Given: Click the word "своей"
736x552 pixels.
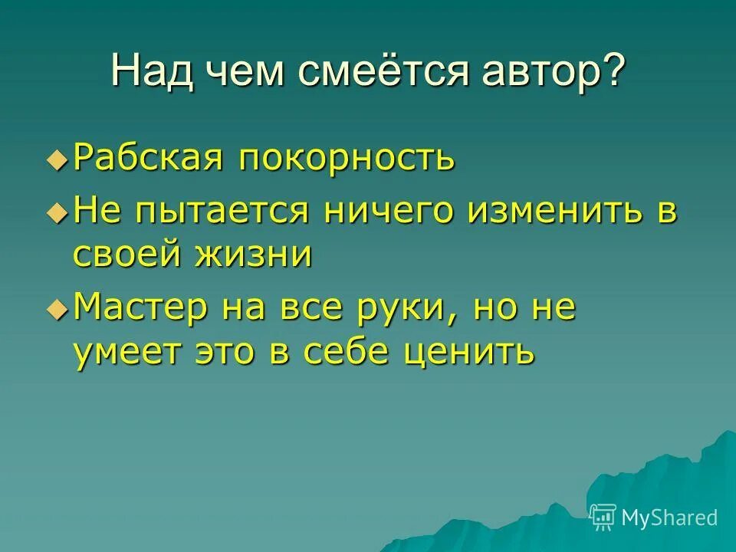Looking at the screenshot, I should tap(127, 254).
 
